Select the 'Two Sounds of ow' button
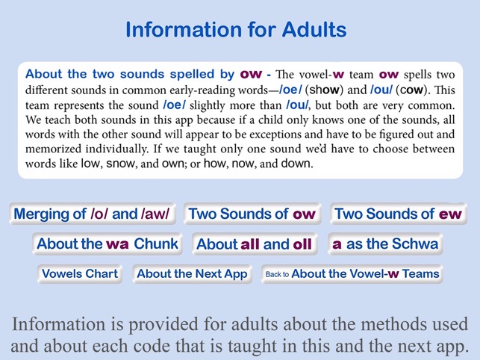click(252, 214)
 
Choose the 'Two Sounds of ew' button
click(398, 214)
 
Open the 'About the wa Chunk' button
click(107, 243)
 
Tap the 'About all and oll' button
click(254, 244)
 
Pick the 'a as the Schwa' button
click(385, 243)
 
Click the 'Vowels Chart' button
click(80, 273)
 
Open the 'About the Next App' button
click(192, 273)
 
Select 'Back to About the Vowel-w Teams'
click(351, 274)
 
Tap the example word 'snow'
click(121, 163)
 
